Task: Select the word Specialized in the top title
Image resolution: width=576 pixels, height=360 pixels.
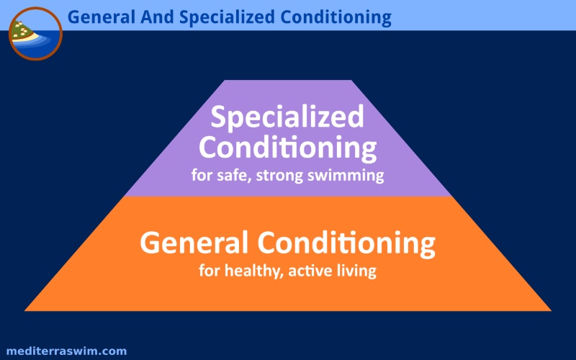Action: click(228, 17)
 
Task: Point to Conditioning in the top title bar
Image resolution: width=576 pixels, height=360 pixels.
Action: click(336, 17)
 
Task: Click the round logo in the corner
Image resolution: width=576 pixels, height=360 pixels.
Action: click(35, 33)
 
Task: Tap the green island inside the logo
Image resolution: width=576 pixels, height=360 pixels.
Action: click(22, 31)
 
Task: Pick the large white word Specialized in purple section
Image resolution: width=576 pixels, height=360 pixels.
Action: click(287, 117)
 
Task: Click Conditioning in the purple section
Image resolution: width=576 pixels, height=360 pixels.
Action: click(287, 148)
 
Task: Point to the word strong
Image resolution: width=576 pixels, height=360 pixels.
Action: click(279, 176)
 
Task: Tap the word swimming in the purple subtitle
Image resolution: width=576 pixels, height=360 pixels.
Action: click(346, 176)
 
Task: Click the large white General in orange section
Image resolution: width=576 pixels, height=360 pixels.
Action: click(194, 243)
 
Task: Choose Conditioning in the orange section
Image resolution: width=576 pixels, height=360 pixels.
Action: click(346, 244)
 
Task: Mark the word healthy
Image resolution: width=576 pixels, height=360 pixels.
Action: click(254, 271)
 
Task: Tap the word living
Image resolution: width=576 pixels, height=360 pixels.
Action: click(356, 271)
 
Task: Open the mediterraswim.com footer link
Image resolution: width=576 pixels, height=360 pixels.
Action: click(66, 351)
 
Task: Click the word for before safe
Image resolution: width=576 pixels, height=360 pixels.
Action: click(202, 175)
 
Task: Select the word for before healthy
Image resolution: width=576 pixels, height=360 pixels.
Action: click(210, 271)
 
